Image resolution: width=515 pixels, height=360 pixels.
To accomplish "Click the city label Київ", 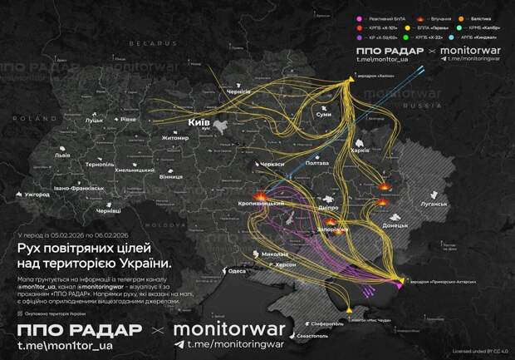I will pyautogui.click(x=199, y=122).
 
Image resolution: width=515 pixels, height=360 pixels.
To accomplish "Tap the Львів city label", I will pyautogui.click(x=62, y=155).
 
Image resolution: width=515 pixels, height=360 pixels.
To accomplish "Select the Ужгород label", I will pyautogui.click(x=37, y=195).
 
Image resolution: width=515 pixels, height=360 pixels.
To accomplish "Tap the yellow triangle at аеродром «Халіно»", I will pyautogui.click(x=349, y=80).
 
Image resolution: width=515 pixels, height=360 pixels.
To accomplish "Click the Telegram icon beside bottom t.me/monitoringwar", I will pyautogui.click(x=179, y=343).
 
